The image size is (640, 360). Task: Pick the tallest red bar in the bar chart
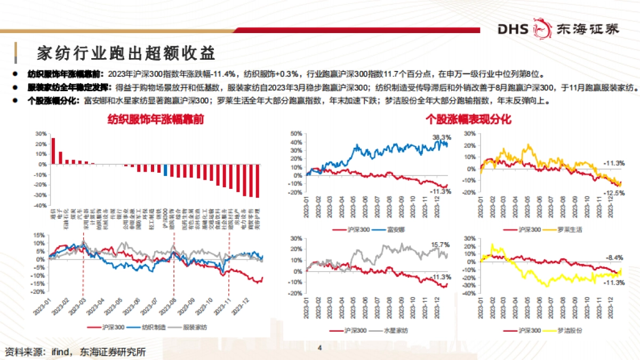pyautogui.click(x=53, y=151)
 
